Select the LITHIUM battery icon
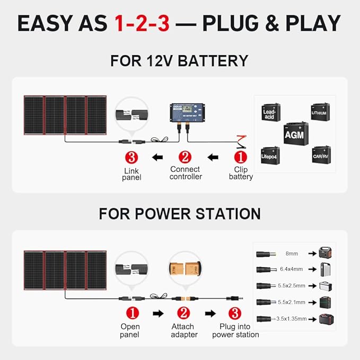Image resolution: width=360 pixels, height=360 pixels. pyautogui.click(x=320, y=112)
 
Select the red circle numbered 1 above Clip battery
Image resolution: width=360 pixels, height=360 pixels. pyautogui.click(x=241, y=157)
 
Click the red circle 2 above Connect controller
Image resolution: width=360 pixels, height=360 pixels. pyautogui.click(x=185, y=157)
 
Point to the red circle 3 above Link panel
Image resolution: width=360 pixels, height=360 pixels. pyautogui.click(x=131, y=157)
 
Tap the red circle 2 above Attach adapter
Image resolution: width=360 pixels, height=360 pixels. pyautogui.click(x=183, y=313)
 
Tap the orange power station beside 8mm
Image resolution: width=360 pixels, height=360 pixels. pyautogui.click(x=325, y=253)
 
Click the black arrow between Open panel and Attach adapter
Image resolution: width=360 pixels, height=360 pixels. pyautogui.click(x=157, y=313)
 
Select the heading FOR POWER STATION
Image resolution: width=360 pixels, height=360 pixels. pyautogui.click(x=180, y=214)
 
